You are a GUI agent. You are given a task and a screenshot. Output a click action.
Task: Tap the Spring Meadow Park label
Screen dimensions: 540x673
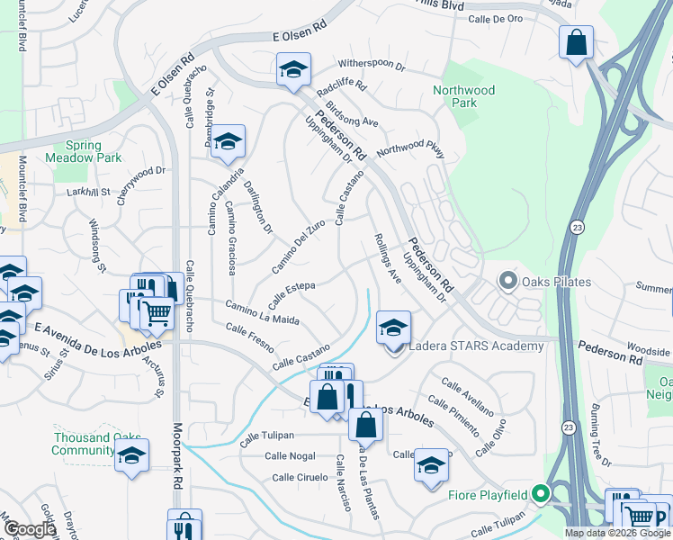click(x=94, y=151)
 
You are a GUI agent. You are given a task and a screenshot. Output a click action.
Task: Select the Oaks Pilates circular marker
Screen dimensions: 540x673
click(x=507, y=282)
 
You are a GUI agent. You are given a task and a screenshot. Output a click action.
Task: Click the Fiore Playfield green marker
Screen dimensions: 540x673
click(x=540, y=493)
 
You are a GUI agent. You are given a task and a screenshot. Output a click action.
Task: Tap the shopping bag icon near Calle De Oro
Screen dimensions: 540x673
click(x=576, y=42)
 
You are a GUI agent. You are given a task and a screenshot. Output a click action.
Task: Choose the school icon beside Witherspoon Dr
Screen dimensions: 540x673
click(x=293, y=71)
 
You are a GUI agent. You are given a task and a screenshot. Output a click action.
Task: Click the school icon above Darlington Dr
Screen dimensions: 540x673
click(x=228, y=141)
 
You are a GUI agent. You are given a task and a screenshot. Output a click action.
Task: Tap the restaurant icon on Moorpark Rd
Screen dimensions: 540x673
click(x=184, y=526)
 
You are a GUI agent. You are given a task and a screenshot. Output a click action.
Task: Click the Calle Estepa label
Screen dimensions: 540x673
click(x=290, y=288)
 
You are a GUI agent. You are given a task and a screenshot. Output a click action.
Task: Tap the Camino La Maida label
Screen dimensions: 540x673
click(x=262, y=313)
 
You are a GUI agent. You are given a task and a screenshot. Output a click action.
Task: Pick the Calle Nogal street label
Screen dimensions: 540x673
click(x=290, y=456)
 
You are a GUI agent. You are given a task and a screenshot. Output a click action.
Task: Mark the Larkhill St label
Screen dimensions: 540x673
click(x=87, y=192)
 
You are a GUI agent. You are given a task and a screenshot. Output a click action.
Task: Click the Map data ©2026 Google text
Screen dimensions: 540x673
click(x=616, y=533)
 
